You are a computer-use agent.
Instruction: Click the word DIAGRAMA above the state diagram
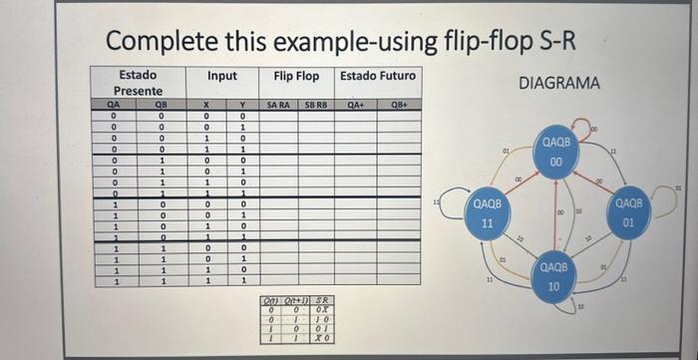tap(559, 84)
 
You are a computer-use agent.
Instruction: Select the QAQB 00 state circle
tap(556, 153)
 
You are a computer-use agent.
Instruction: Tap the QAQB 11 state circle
tap(486, 212)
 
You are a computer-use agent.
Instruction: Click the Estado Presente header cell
tap(137, 83)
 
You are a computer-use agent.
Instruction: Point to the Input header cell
tap(221, 76)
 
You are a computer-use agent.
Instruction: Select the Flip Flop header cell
tap(296, 76)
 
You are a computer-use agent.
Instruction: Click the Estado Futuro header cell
tap(378, 76)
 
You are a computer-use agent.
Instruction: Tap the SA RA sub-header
tap(278, 104)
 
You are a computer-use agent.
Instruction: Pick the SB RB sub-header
tap(315, 104)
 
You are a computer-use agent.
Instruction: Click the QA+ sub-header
tap(356, 104)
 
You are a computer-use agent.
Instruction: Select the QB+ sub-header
tap(400, 104)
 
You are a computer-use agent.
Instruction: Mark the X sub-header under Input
tap(205, 104)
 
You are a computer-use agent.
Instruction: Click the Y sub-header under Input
tap(241, 104)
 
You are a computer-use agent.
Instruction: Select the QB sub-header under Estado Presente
tap(162, 104)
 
